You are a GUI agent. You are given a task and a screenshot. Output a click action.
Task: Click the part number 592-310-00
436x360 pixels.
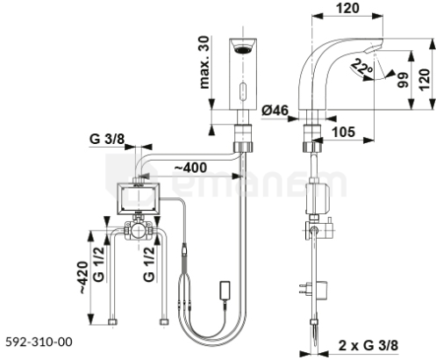(x=39, y=342)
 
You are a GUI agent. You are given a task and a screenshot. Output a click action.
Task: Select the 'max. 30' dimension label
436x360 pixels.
(x=204, y=62)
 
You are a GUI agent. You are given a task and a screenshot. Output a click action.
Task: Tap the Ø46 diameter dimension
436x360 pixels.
(x=275, y=111)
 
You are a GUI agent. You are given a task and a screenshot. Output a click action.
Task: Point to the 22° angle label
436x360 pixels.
(x=362, y=67)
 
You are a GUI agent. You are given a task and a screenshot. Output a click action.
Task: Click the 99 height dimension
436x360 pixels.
(x=403, y=80)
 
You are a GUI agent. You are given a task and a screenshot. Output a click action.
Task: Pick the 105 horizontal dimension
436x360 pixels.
(x=343, y=132)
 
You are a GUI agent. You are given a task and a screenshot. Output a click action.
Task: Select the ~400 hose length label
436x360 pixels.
(x=190, y=168)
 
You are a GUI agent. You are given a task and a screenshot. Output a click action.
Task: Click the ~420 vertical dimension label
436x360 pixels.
(x=83, y=277)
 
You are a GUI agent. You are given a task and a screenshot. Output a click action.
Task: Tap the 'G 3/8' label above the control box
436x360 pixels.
(x=107, y=139)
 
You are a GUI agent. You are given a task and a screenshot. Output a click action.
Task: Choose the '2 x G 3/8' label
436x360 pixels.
(x=368, y=345)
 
